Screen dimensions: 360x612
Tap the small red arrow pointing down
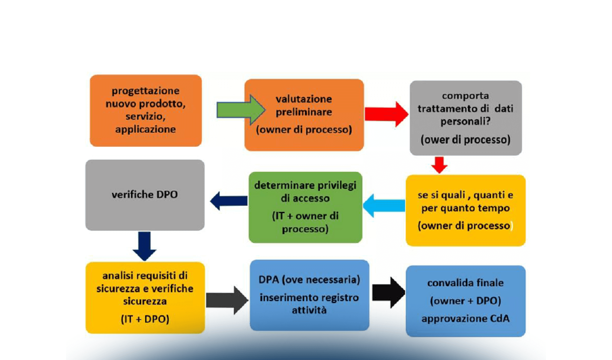pyautogui.click(x=439, y=165)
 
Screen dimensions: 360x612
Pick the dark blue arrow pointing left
pyautogui.click(x=229, y=201)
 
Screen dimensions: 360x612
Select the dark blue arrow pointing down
pyautogui.click(x=145, y=246)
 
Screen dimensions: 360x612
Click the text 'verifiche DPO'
pyautogui.click(x=145, y=194)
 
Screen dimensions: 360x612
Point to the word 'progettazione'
pyautogui.click(x=145, y=91)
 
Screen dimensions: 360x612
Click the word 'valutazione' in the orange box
pyautogui.click(x=304, y=99)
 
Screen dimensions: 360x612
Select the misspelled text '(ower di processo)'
pyautogui.click(x=465, y=140)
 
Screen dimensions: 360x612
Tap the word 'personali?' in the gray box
pyautogui.click(x=465, y=121)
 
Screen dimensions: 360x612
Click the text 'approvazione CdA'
pyautogui.click(x=465, y=319)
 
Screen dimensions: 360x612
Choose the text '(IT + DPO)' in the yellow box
pyautogui.click(x=145, y=319)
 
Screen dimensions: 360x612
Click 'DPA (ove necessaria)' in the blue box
pyautogui.click(x=309, y=280)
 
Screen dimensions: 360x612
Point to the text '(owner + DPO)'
pyautogui.click(x=465, y=301)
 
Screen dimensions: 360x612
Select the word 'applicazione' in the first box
pyautogui.click(x=145, y=129)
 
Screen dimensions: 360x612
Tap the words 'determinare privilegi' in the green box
pyautogui.click(x=305, y=185)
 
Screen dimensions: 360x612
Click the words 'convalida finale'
pyautogui.click(x=465, y=283)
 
